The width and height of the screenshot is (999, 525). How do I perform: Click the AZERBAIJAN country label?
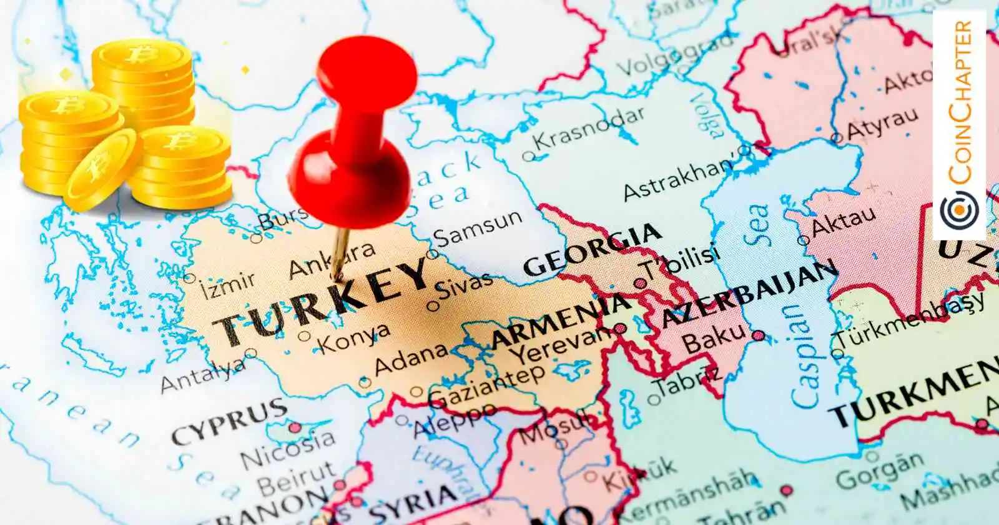(x=749, y=294)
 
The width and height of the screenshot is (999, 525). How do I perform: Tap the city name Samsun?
(x=478, y=229)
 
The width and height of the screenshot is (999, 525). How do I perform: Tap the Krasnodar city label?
(x=588, y=129)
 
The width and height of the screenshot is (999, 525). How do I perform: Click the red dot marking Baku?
(x=758, y=336)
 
